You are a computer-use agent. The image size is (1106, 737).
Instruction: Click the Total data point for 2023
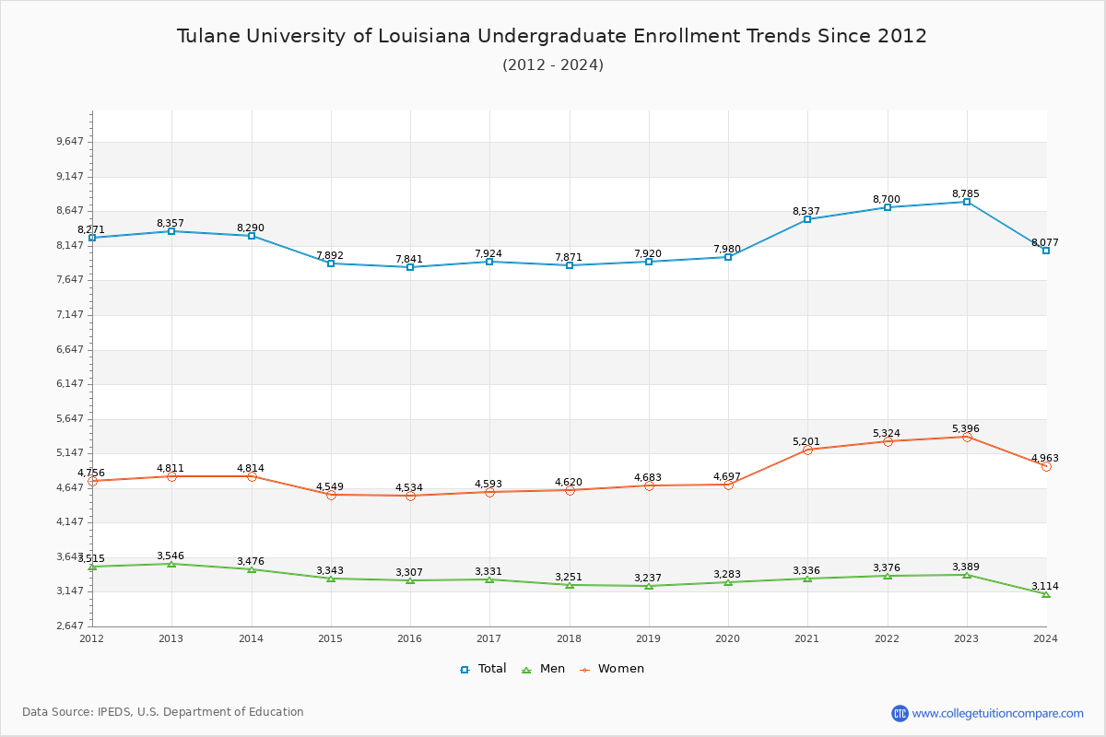[x=967, y=202]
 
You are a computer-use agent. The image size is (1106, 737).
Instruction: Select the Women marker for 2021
[x=807, y=450]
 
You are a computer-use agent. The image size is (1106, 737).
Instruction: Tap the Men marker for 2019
[x=649, y=586]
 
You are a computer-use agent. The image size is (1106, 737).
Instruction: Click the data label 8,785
[x=966, y=193]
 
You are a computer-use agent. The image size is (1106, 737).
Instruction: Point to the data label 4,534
[x=409, y=487]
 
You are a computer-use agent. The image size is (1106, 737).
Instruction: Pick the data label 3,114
[x=1044, y=586]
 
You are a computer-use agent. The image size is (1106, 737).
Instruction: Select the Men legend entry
[x=545, y=669]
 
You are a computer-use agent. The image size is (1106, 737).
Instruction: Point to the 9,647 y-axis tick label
[x=70, y=142]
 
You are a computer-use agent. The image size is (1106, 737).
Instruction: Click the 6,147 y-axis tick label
[x=70, y=384]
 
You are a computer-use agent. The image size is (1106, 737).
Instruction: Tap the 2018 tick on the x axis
[x=569, y=638]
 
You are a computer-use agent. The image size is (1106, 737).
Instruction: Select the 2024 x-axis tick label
[x=1045, y=638]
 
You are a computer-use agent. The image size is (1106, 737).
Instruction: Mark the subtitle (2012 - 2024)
[x=552, y=64]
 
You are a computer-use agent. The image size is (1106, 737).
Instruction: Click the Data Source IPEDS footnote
[x=162, y=712]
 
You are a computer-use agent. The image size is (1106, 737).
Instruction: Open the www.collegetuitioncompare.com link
[x=997, y=713]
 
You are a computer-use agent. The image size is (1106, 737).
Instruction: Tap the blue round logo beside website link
[x=900, y=713]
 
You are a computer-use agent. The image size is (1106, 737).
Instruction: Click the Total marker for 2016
[x=410, y=267]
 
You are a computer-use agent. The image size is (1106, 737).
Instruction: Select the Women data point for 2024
[x=1046, y=466]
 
